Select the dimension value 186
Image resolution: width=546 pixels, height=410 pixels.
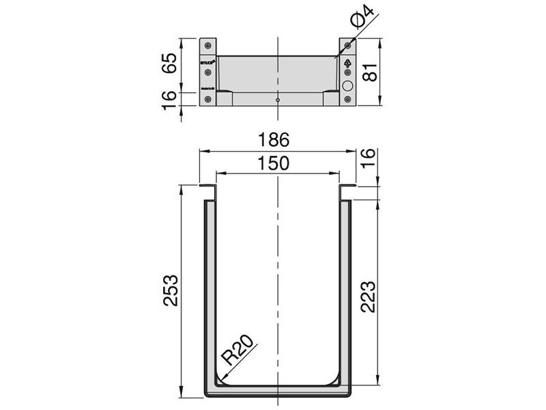277,140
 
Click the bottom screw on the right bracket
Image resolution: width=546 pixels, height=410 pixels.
348,100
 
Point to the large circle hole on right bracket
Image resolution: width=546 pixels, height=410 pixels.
348,86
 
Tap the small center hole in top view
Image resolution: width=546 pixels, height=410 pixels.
278,100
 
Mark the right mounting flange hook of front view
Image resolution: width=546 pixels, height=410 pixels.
347,188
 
